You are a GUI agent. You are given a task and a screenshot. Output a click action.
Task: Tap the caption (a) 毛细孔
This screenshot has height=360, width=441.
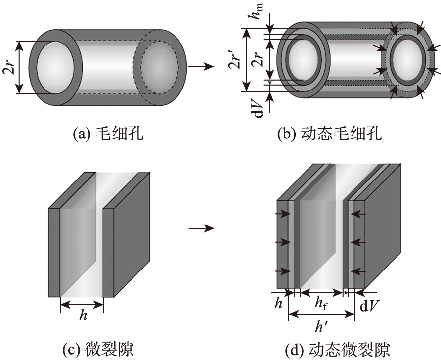(108, 134)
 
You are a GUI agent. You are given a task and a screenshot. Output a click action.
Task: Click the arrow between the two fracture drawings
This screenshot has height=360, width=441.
(202, 228)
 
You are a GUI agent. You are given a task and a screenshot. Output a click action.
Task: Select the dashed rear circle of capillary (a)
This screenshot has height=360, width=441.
(159, 66)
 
